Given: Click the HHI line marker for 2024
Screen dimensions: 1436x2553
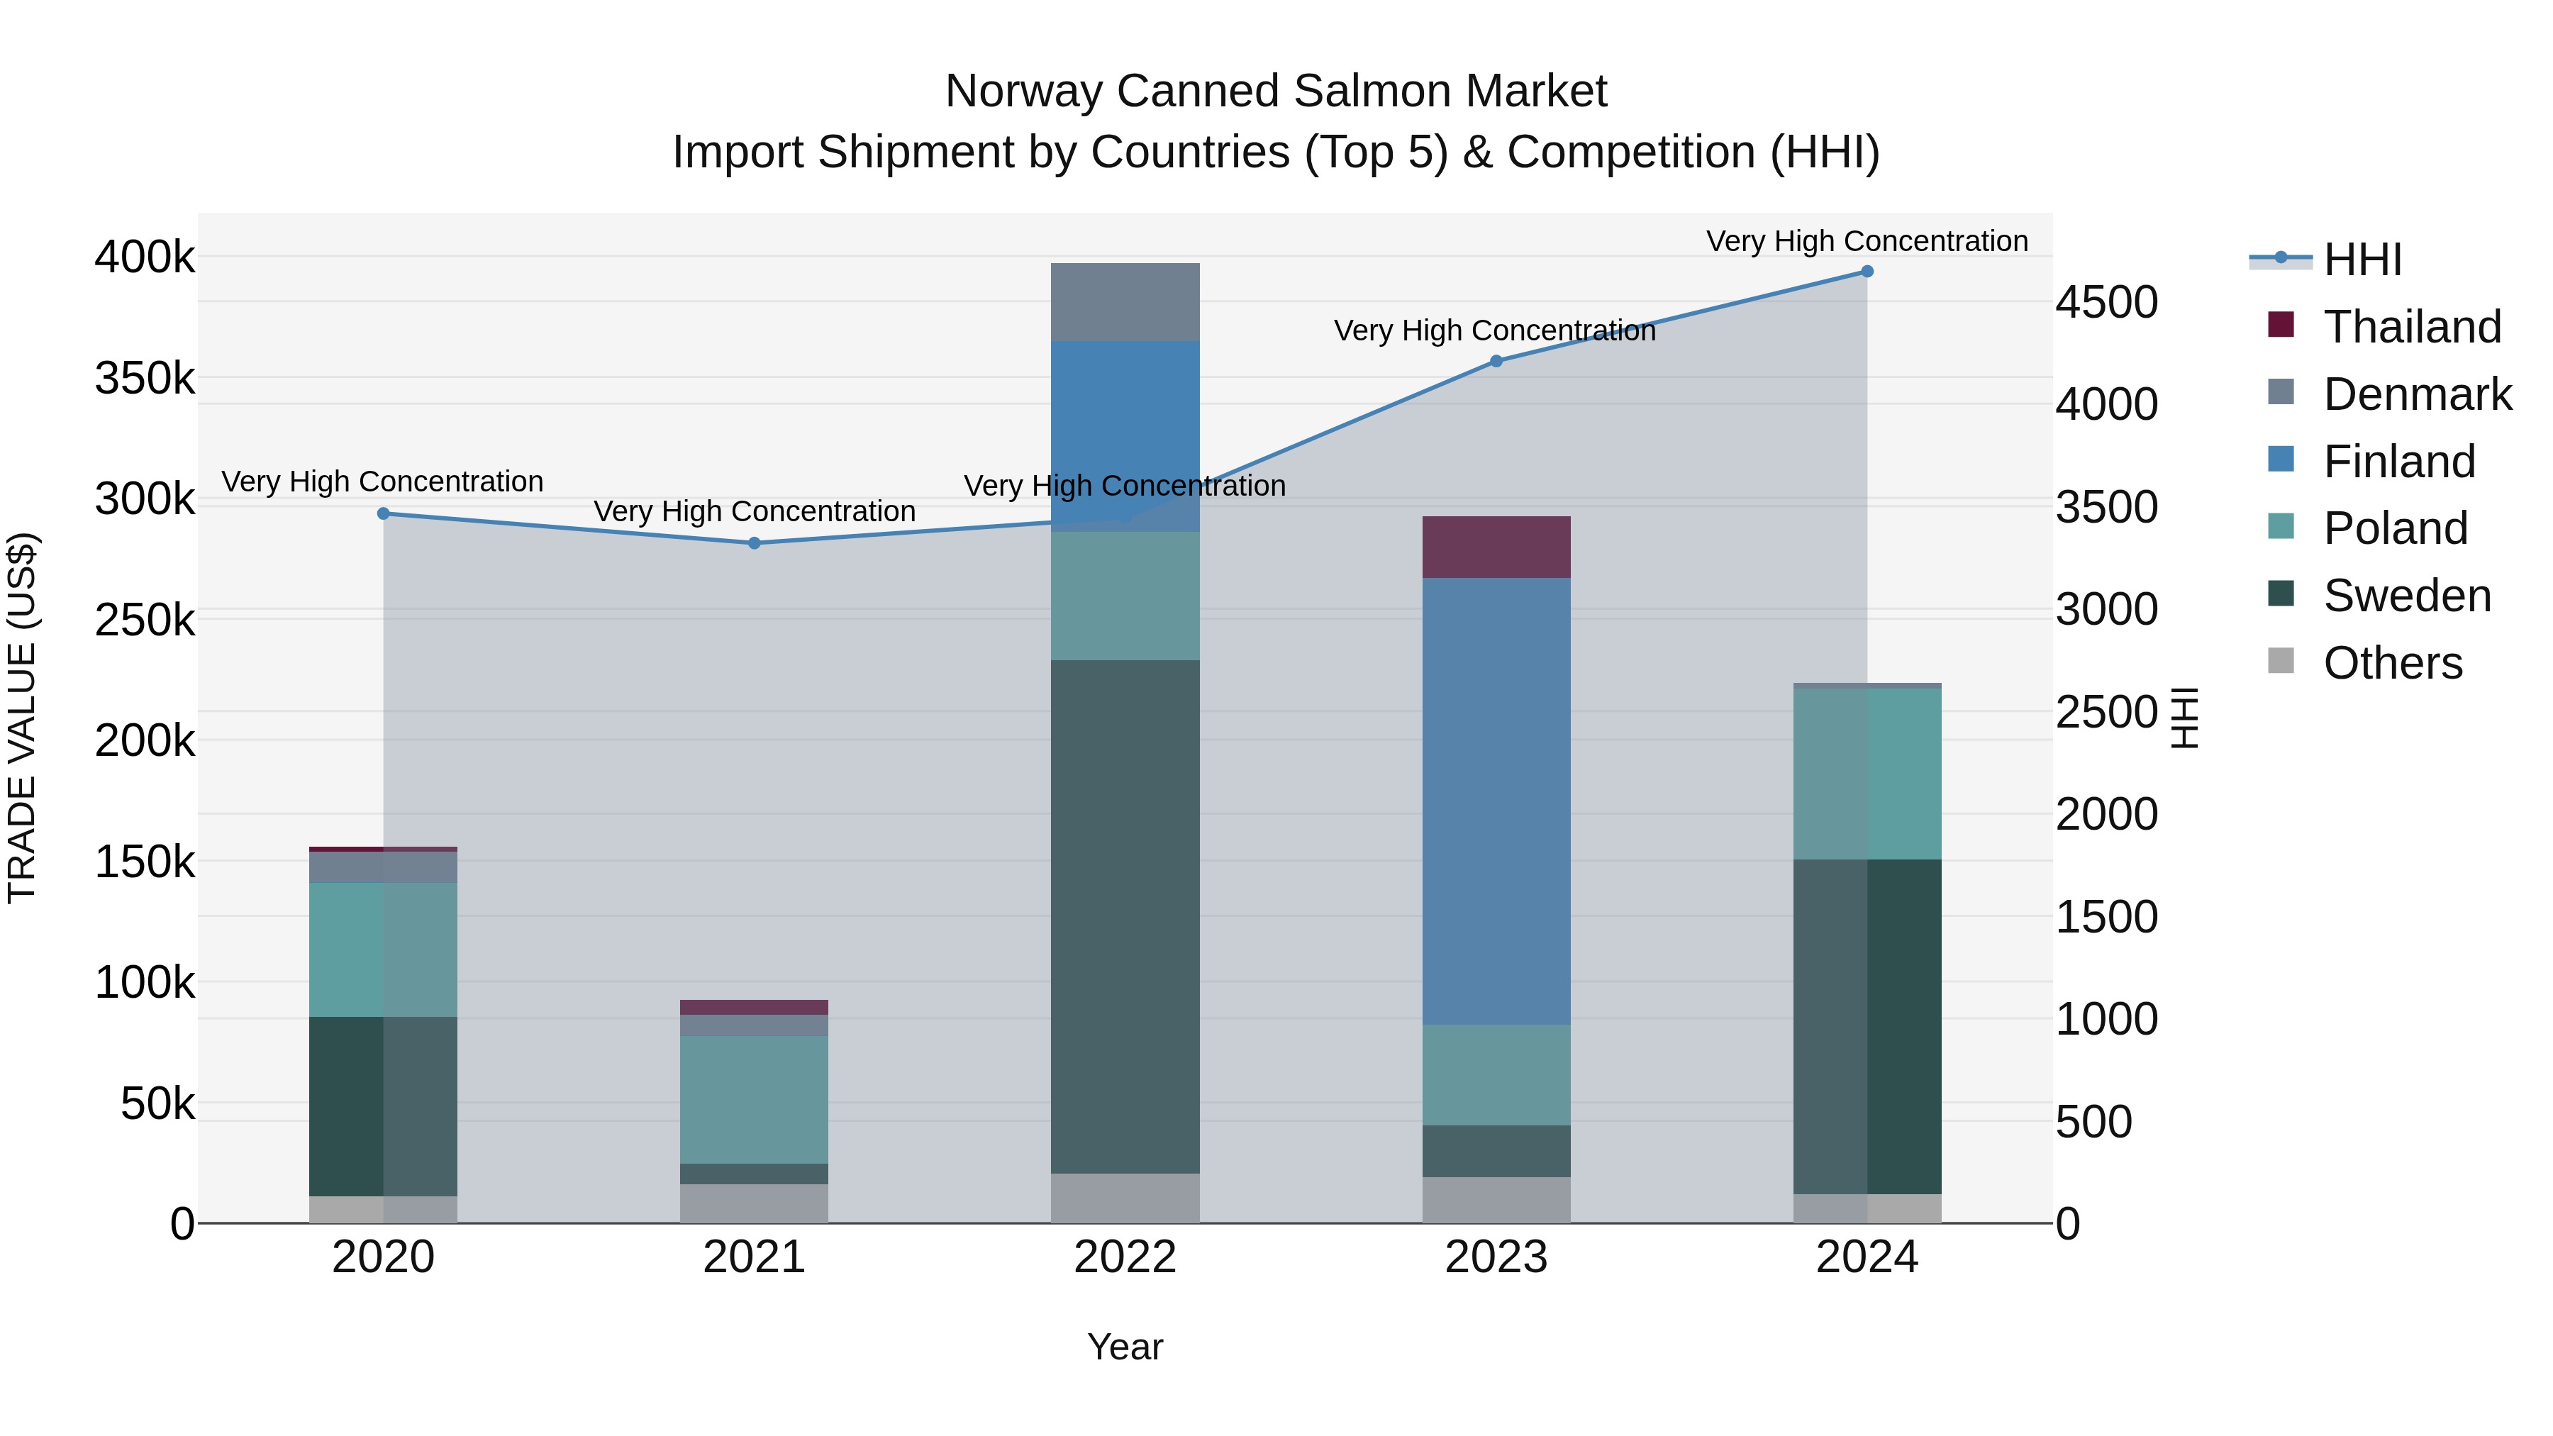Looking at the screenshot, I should point(1867,272).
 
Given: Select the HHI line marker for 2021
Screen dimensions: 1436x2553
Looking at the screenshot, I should point(755,543).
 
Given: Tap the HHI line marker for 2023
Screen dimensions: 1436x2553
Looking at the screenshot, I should point(1496,362).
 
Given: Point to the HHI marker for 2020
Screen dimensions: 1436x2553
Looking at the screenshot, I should point(384,513).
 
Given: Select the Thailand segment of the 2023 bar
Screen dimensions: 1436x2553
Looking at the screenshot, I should point(1496,547).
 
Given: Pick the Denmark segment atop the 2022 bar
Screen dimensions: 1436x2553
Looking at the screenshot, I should point(1125,302).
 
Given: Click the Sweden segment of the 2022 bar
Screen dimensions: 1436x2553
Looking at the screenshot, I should point(1125,917).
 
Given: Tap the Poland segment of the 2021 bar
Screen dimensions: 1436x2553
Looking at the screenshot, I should point(755,1099).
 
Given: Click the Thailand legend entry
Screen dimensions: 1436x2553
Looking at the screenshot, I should point(2411,327).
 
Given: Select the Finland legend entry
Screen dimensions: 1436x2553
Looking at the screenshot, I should point(2398,462).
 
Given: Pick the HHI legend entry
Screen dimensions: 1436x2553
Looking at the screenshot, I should point(2362,260).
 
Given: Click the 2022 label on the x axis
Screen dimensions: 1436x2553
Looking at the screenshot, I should point(1125,1257).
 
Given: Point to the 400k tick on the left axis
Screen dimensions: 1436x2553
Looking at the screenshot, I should point(145,257).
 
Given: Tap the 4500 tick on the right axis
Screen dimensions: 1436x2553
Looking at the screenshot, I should point(2106,302).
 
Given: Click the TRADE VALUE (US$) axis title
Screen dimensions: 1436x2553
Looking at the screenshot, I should point(22,718).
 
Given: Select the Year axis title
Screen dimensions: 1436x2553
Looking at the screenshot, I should point(1125,1347).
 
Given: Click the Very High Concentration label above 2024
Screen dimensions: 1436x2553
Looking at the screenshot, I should point(1867,241).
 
